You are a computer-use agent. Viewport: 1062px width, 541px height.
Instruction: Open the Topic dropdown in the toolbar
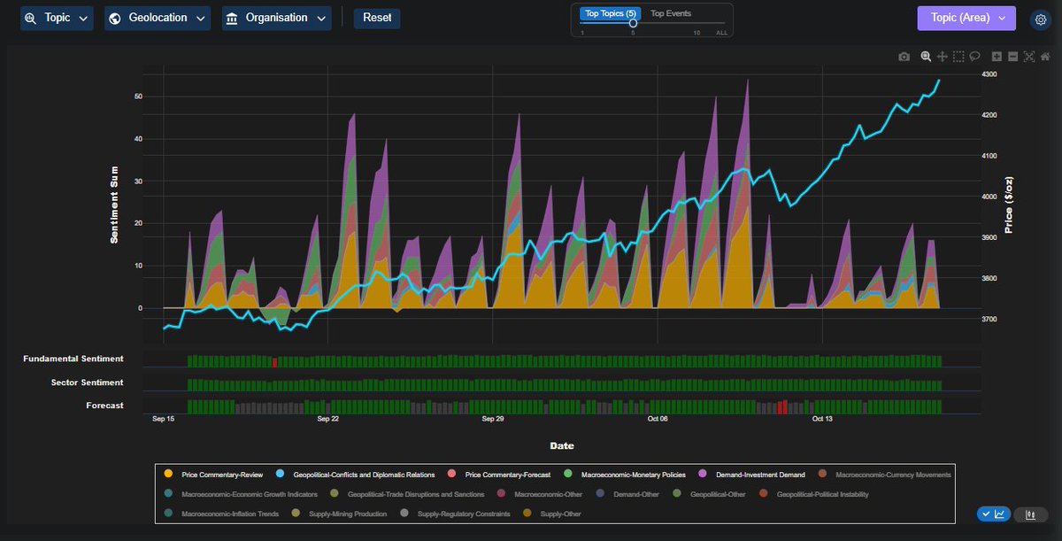[57, 18]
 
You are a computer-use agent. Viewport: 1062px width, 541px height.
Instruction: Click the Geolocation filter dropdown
[157, 18]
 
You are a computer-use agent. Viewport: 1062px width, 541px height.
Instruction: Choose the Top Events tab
[671, 13]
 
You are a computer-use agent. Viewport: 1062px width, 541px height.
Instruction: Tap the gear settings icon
[1041, 19]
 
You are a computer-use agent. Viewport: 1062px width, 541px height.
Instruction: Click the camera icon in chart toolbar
[904, 57]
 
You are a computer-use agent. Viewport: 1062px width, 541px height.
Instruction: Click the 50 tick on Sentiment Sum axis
[137, 97]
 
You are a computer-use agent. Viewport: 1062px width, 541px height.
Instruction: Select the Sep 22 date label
[327, 419]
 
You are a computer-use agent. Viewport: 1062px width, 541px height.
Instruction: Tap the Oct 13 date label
[822, 419]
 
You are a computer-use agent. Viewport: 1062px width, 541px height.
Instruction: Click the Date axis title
[561, 445]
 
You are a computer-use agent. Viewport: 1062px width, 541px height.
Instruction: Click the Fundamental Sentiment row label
[73, 359]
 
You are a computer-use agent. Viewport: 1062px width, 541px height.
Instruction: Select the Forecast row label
[104, 406]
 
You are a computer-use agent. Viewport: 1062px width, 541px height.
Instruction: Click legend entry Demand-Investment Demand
[760, 475]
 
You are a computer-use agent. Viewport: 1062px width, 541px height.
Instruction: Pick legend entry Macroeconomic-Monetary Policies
[627, 475]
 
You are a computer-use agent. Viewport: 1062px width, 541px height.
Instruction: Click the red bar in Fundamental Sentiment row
[275, 361]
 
